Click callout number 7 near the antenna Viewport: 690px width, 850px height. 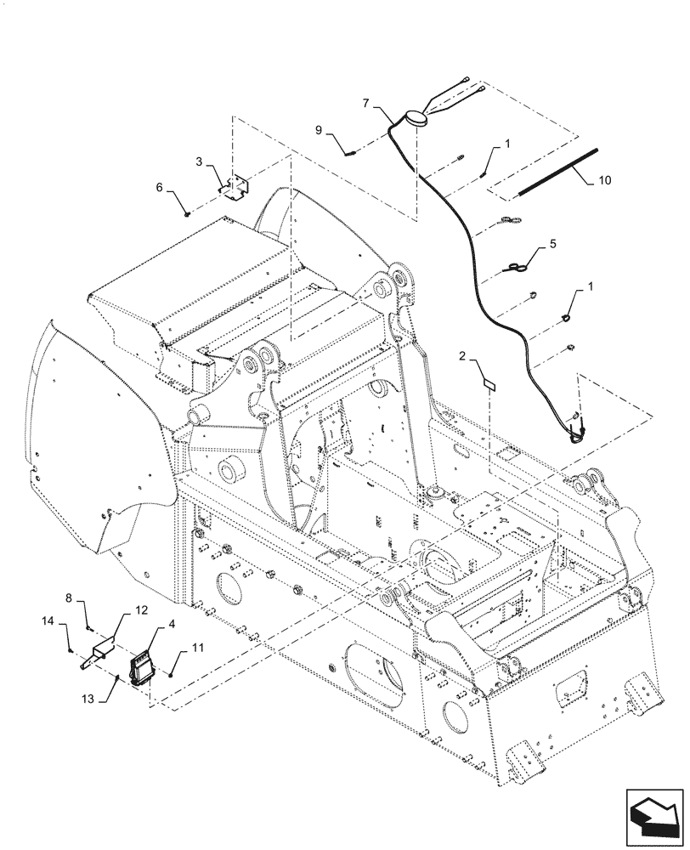(x=365, y=104)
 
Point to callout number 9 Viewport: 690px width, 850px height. (x=319, y=130)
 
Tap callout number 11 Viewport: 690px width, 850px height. (x=197, y=649)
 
